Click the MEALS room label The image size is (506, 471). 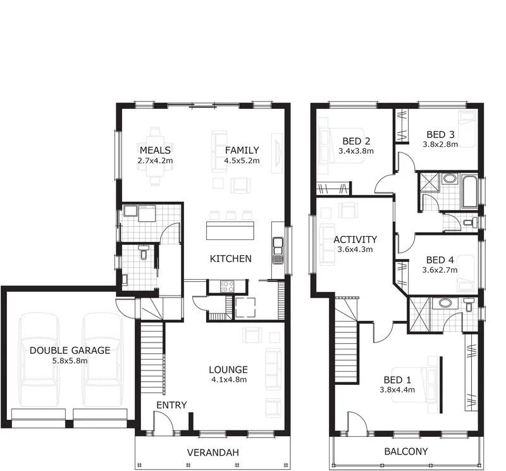click(x=155, y=150)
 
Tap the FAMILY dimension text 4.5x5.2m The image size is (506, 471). click(x=242, y=161)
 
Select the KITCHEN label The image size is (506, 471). click(x=230, y=258)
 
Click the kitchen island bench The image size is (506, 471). click(x=230, y=230)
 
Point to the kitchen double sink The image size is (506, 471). click(x=278, y=250)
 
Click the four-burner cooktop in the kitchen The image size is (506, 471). click(x=227, y=287)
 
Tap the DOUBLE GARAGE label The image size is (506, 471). click(x=70, y=351)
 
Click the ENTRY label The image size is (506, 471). click(x=171, y=405)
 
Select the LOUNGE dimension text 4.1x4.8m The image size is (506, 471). click(x=229, y=380)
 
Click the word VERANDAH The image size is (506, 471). click(x=213, y=453)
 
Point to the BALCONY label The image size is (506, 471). click(x=406, y=451)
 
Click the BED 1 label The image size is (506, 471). click(x=397, y=380)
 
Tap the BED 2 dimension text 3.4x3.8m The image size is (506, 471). click(x=356, y=151)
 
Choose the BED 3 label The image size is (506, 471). click(x=440, y=134)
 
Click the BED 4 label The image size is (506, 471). click(x=440, y=260)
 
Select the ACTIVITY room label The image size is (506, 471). click(x=355, y=239)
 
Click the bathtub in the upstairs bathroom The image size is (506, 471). click(x=470, y=192)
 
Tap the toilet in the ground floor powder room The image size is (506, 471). click(x=144, y=252)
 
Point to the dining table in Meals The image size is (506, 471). click(x=155, y=156)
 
